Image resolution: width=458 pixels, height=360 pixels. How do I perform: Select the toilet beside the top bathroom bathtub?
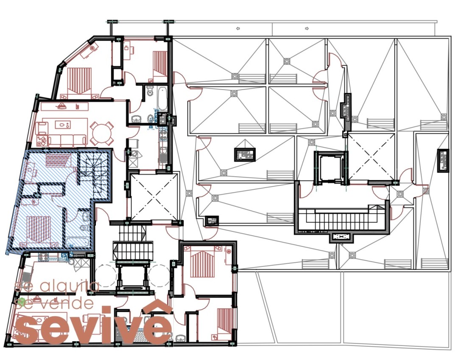tap(150, 91)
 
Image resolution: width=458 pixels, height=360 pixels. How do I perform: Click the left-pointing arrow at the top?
tap(238, 29)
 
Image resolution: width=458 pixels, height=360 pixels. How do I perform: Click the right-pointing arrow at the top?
tap(307, 29)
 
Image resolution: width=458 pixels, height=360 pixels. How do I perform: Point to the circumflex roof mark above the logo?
tap(158, 306)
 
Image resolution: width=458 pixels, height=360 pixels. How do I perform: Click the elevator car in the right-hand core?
tap(330, 169)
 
